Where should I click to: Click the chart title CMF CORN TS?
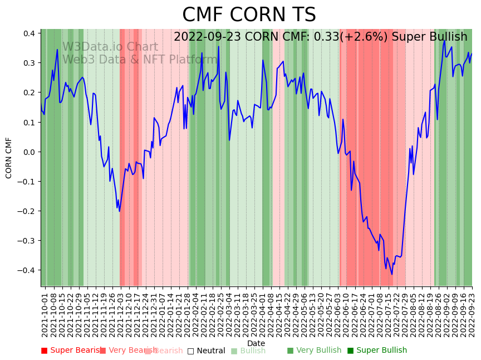click(249, 15)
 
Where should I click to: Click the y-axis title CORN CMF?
click(9, 158)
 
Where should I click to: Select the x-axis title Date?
click(256, 343)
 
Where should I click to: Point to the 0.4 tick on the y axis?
click(29, 33)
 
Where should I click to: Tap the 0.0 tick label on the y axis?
click(29, 152)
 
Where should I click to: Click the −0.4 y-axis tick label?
click(27, 270)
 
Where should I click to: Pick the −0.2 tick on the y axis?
click(27, 211)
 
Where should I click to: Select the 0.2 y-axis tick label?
click(29, 93)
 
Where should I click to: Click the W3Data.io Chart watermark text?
click(110, 47)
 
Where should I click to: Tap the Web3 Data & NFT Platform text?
click(139, 60)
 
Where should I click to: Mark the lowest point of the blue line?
click(392, 274)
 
